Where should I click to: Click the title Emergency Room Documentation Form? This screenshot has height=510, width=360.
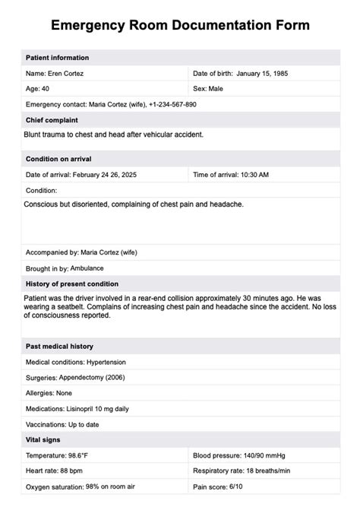point(180,25)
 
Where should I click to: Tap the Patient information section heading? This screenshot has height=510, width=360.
point(57,58)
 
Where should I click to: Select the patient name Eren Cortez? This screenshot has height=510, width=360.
point(65,73)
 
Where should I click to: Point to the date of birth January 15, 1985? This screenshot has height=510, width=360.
point(262,73)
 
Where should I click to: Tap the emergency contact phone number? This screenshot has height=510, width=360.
point(169,104)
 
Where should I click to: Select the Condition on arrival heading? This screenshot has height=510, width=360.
point(59,159)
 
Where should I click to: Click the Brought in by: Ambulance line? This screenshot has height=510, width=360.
point(65,268)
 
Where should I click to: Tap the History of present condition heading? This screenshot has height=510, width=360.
point(72,284)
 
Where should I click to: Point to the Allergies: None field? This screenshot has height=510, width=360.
point(48,392)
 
